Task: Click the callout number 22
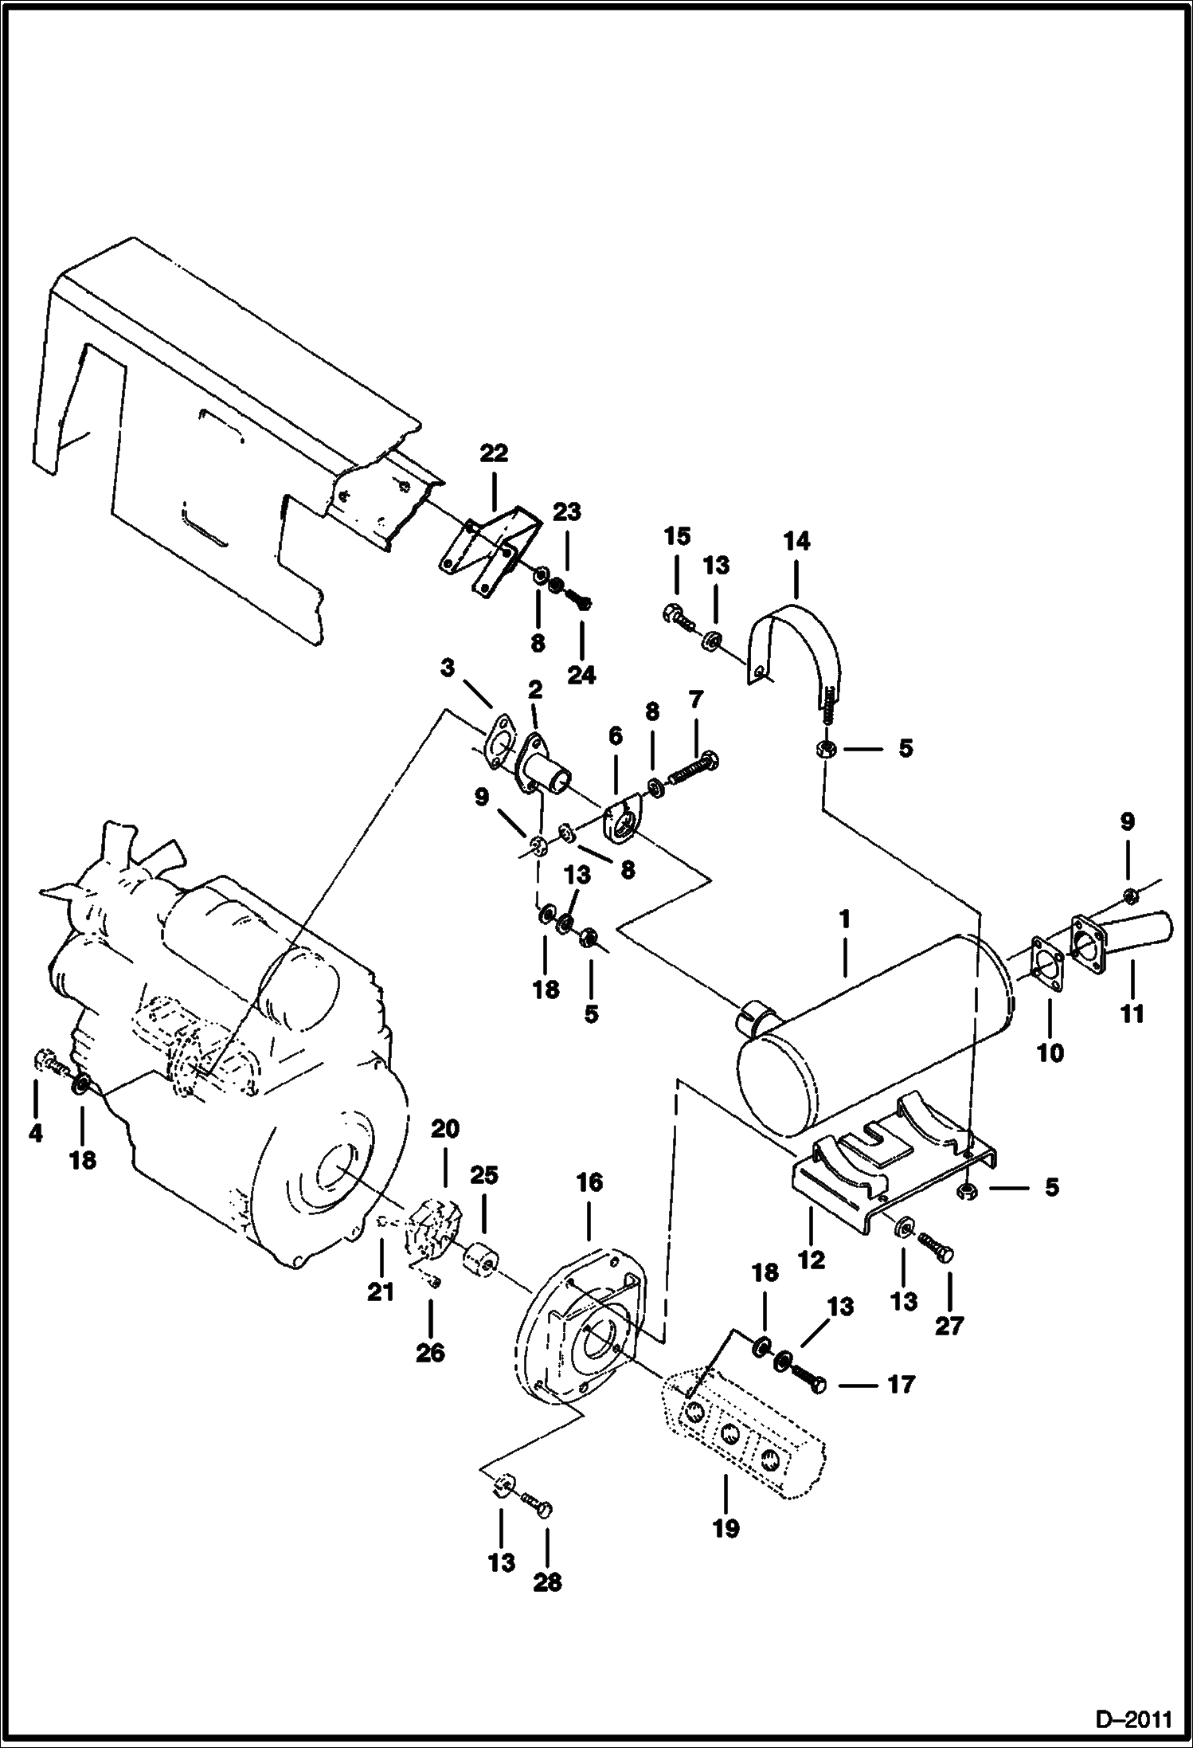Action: click(x=494, y=453)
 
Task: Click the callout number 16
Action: click(x=589, y=1182)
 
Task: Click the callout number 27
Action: click(x=949, y=1325)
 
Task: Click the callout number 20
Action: click(x=445, y=1128)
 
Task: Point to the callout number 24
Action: click(x=581, y=674)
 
